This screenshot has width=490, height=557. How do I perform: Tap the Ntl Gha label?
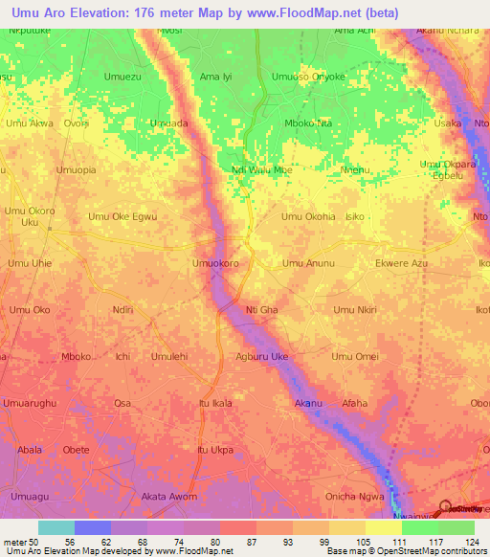click(261, 310)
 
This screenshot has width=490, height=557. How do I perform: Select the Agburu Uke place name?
click(261, 357)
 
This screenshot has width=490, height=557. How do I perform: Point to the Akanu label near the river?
click(309, 403)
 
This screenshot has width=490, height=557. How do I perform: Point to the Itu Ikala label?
click(215, 403)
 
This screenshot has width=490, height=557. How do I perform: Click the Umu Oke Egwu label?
click(122, 216)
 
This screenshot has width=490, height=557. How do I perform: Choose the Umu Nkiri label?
click(355, 310)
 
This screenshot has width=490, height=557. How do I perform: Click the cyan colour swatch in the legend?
click(56, 527)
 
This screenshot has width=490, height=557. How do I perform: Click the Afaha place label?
click(354, 403)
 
